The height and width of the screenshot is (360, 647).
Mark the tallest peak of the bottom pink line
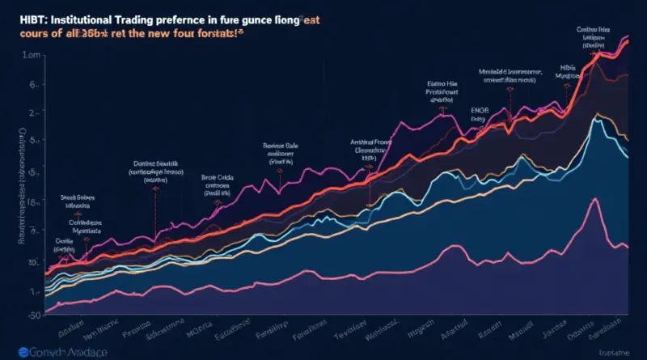coord(596,201)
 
